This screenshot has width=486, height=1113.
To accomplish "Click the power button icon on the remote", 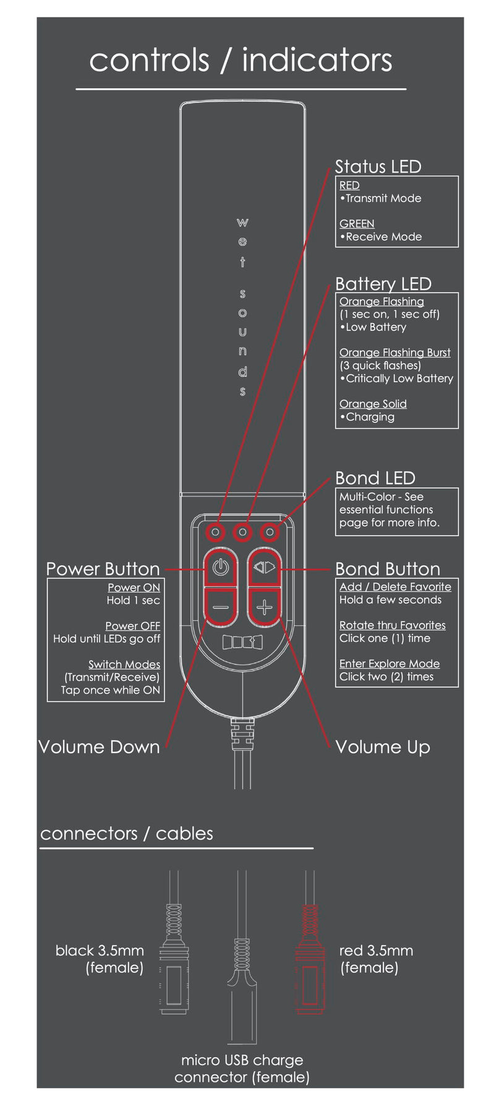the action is (x=221, y=566).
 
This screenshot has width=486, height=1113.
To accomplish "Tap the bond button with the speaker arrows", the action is (x=265, y=566).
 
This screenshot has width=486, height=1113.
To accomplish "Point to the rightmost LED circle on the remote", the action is (x=270, y=531).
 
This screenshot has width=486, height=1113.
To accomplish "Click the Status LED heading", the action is (x=378, y=167).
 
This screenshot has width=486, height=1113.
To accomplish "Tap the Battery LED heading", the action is (x=383, y=284).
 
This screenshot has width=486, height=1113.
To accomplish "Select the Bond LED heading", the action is (x=375, y=478).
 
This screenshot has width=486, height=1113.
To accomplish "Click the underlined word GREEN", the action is (x=357, y=224).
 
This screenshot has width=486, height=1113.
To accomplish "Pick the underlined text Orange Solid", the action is (x=373, y=404).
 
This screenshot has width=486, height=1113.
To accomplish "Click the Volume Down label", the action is (x=99, y=747).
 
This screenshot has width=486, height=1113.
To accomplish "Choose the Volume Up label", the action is (x=382, y=747).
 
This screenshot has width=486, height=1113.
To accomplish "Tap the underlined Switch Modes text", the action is (x=124, y=665).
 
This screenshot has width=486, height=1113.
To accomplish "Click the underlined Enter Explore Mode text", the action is (x=390, y=663).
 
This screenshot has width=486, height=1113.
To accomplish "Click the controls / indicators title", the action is (x=241, y=60).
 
